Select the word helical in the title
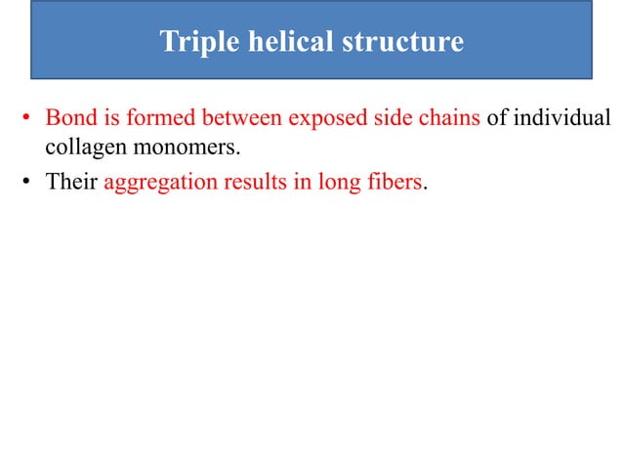click(x=270, y=43)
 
